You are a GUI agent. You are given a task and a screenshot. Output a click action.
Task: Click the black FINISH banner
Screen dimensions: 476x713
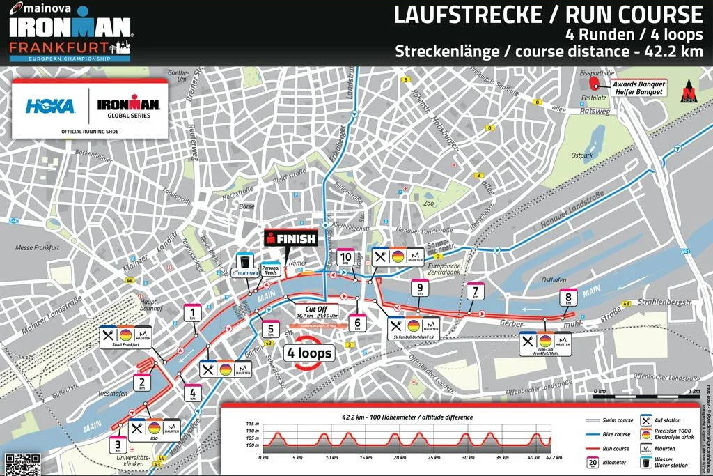click(x=291, y=239)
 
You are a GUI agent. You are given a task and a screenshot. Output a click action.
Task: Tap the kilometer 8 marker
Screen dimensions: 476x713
click(x=569, y=298)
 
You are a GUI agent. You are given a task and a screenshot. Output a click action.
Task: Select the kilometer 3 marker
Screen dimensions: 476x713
click(x=118, y=445)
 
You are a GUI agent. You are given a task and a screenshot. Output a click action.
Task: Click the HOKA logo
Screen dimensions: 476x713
click(x=50, y=106)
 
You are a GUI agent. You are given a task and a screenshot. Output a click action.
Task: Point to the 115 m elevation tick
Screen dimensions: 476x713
click(x=251, y=424)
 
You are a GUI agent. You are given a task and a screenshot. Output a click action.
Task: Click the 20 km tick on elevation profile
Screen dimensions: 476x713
click(x=400, y=458)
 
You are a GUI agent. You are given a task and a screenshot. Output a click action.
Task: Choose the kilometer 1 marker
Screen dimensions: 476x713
click(x=192, y=314)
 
